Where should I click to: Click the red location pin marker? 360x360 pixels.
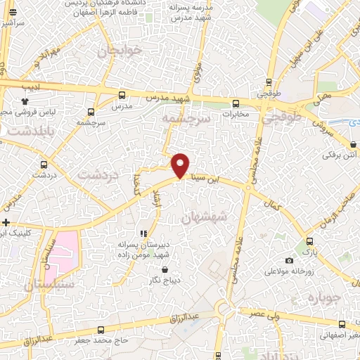tap(181, 165)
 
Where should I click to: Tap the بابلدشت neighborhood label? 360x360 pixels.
tap(25, 131)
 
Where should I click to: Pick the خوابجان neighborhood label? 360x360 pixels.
tap(119, 51)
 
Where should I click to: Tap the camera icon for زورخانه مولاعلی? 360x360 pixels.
tap(289, 261)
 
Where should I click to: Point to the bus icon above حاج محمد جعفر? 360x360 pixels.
tap(101, 330)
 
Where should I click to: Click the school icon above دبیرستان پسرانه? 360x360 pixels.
tap(143, 233)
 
